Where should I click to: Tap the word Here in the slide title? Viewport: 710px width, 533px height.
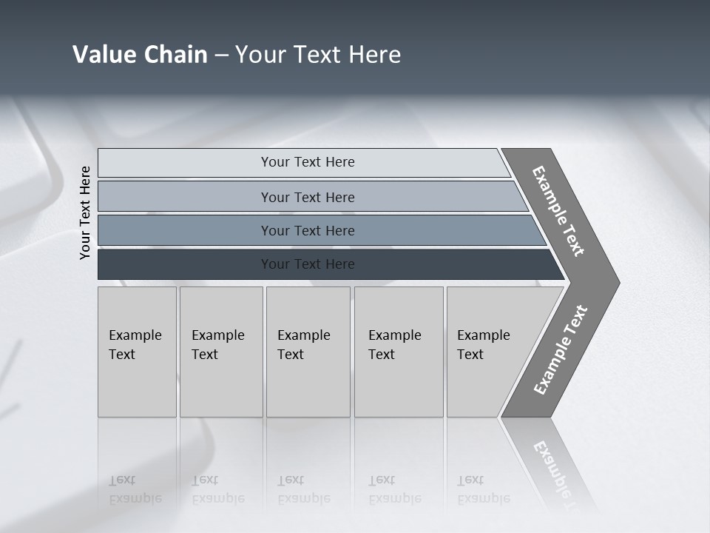tap(373, 55)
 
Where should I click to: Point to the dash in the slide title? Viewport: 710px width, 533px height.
tap(221, 56)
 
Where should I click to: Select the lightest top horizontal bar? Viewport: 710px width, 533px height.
tap(185, 163)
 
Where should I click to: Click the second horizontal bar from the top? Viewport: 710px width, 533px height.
tap(185, 197)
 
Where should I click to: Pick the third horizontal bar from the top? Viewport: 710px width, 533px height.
tap(185, 230)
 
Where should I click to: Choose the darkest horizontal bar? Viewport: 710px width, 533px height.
tap(185, 264)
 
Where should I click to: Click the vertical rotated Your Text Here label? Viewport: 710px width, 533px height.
tap(85, 212)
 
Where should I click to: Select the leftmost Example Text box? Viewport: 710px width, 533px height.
tap(137, 352)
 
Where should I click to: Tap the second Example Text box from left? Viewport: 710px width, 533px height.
tap(220, 352)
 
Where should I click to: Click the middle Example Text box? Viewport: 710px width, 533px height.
tap(308, 352)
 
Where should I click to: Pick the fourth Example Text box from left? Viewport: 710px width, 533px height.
tap(398, 352)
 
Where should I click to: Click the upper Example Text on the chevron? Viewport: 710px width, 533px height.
tap(558, 211)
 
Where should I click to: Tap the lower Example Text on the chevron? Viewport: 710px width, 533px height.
tap(561, 350)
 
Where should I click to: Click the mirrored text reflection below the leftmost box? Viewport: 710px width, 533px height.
tap(135, 489)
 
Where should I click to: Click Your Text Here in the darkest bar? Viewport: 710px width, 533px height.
tap(308, 264)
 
